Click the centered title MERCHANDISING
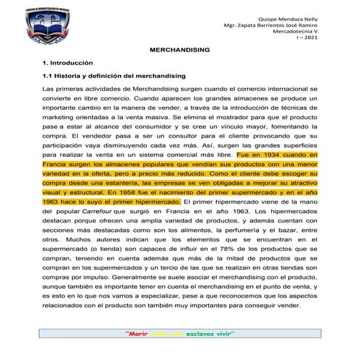pos(180,52)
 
